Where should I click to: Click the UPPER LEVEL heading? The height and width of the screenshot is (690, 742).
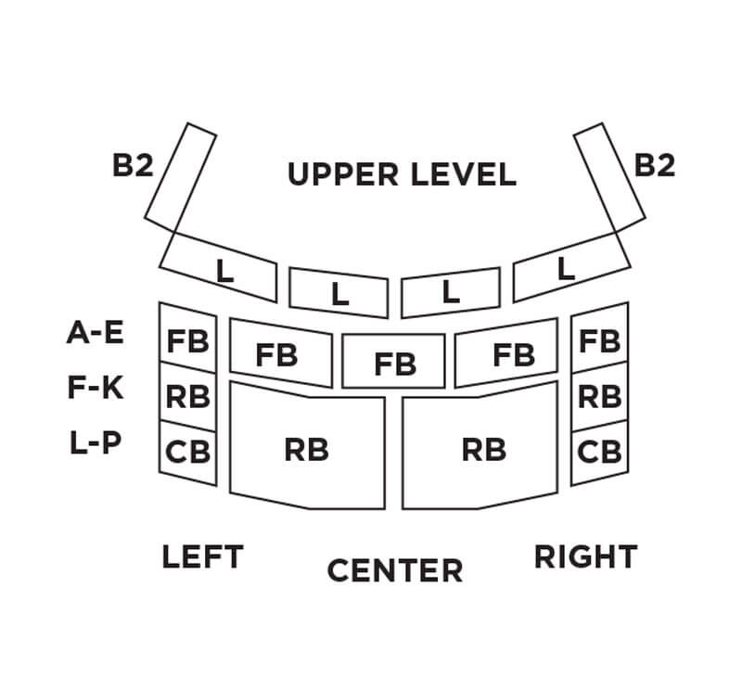[x=401, y=174]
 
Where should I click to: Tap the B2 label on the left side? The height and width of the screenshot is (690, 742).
[x=132, y=165]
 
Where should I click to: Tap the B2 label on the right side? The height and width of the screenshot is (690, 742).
[x=655, y=165]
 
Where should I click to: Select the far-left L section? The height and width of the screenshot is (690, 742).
[x=224, y=270]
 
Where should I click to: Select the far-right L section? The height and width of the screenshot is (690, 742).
[x=565, y=270]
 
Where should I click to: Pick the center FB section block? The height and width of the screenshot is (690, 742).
[x=395, y=363]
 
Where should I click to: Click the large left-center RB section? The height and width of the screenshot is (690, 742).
[x=307, y=451]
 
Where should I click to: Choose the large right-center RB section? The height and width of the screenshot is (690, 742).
[x=484, y=451]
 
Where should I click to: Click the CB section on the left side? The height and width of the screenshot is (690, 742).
[x=188, y=453]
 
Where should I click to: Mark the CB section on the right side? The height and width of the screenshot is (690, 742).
[x=599, y=453]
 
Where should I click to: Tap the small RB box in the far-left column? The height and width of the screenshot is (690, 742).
[x=188, y=396]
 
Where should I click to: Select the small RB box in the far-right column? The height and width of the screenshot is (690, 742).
[x=599, y=396]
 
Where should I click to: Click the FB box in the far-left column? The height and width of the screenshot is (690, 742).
[x=188, y=340]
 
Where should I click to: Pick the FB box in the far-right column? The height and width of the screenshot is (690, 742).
[x=599, y=340]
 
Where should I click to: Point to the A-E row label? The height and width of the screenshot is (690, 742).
[x=96, y=333]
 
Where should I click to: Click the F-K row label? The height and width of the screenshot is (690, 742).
[x=96, y=388]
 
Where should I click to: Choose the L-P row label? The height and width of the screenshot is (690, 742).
[x=96, y=442]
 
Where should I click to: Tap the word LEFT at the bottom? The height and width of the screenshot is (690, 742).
[x=202, y=557]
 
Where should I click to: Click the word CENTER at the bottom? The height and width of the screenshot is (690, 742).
[x=394, y=570]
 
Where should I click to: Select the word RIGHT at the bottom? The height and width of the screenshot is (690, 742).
[x=585, y=557]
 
